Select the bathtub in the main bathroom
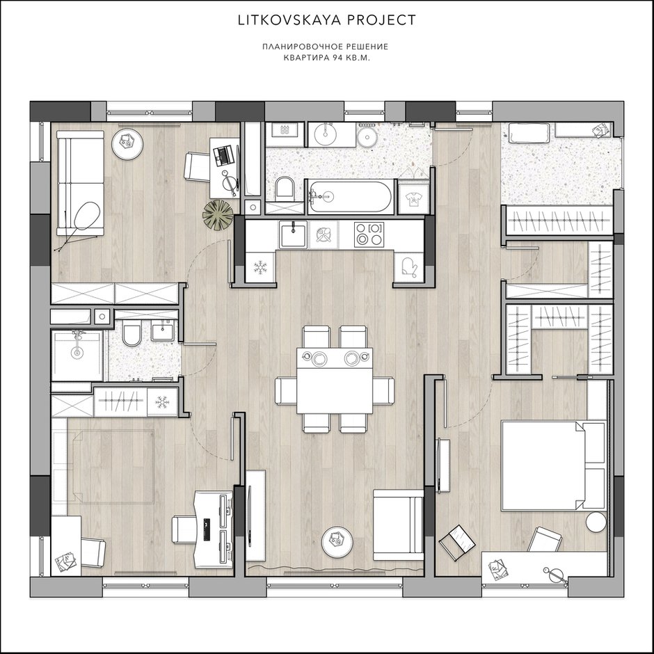[x=349, y=196]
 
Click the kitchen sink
[x=293, y=234]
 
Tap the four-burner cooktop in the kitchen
[x=368, y=234]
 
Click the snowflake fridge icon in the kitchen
[x=260, y=267]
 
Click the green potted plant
[x=217, y=214]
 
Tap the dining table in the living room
[x=335, y=381]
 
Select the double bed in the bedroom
[x=554, y=465]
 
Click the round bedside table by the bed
[x=596, y=522]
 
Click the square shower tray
[x=77, y=355]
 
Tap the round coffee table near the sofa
[x=127, y=143]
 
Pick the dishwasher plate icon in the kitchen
[x=324, y=235]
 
